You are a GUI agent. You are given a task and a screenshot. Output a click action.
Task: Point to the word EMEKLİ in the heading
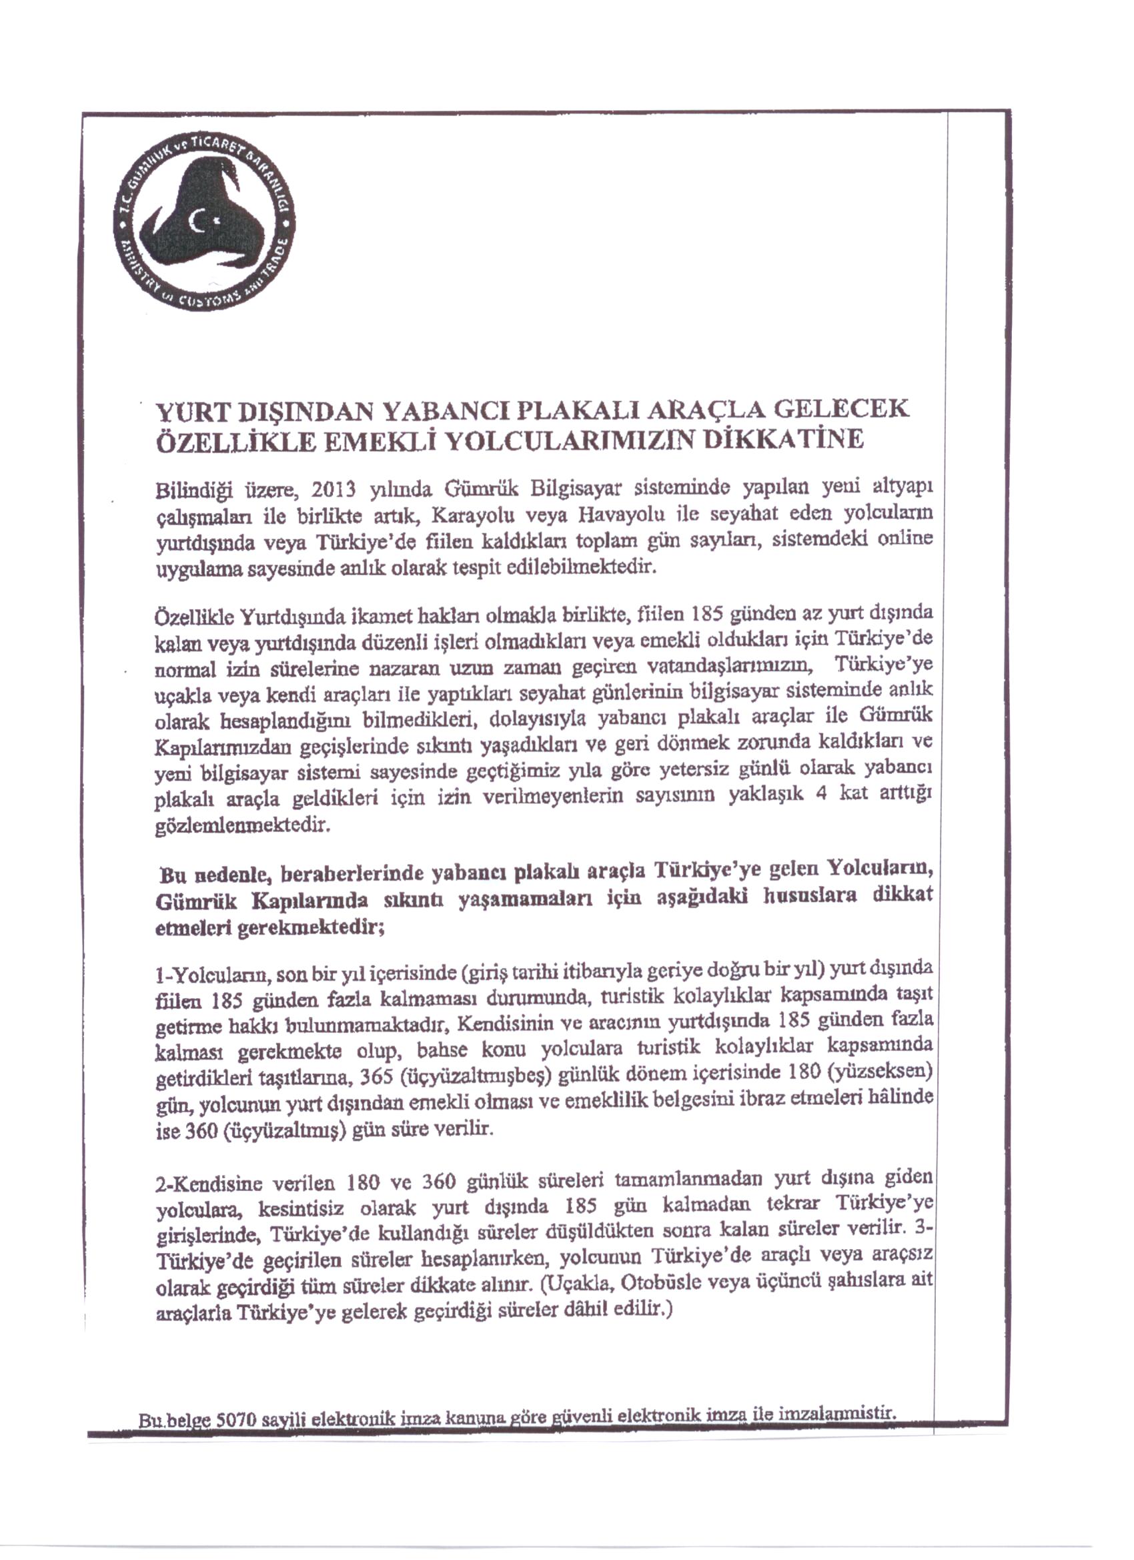click(x=382, y=441)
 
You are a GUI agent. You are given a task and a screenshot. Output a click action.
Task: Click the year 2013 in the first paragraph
click(x=333, y=490)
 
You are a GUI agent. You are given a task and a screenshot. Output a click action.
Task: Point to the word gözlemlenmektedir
click(x=244, y=825)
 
